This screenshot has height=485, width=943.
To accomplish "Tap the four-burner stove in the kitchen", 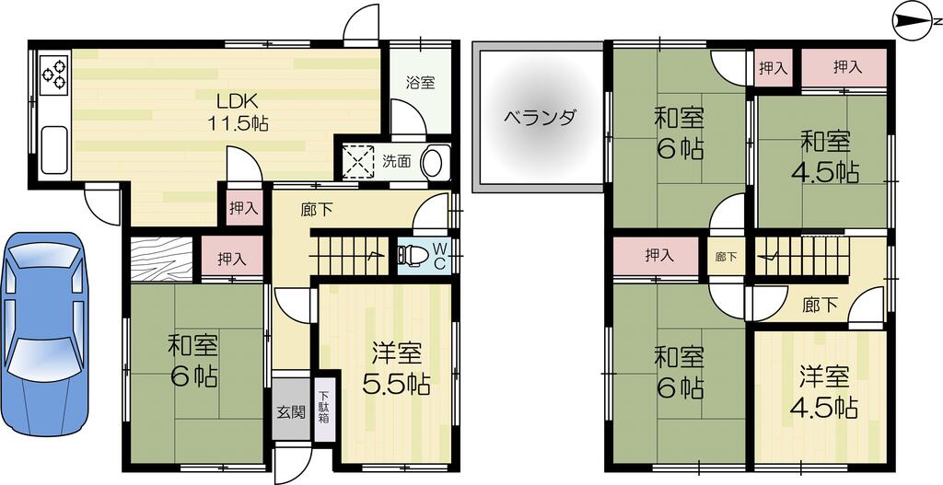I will click(x=54, y=75).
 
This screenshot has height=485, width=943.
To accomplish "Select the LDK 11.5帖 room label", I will click(x=242, y=111).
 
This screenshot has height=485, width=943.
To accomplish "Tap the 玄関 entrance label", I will click(x=291, y=412).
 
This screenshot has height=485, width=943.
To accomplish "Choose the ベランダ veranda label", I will click(x=540, y=118).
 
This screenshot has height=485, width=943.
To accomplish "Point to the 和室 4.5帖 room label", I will click(x=826, y=156).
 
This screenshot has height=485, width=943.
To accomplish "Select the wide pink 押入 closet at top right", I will click(x=846, y=67).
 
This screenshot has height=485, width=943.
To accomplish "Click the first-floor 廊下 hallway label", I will click(x=317, y=210).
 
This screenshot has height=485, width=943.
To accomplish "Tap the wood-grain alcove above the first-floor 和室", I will click(x=160, y=259).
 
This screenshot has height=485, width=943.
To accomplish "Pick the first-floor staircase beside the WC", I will click(x=352, y=255).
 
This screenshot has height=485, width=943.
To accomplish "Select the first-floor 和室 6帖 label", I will click(x=192, y=361).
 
